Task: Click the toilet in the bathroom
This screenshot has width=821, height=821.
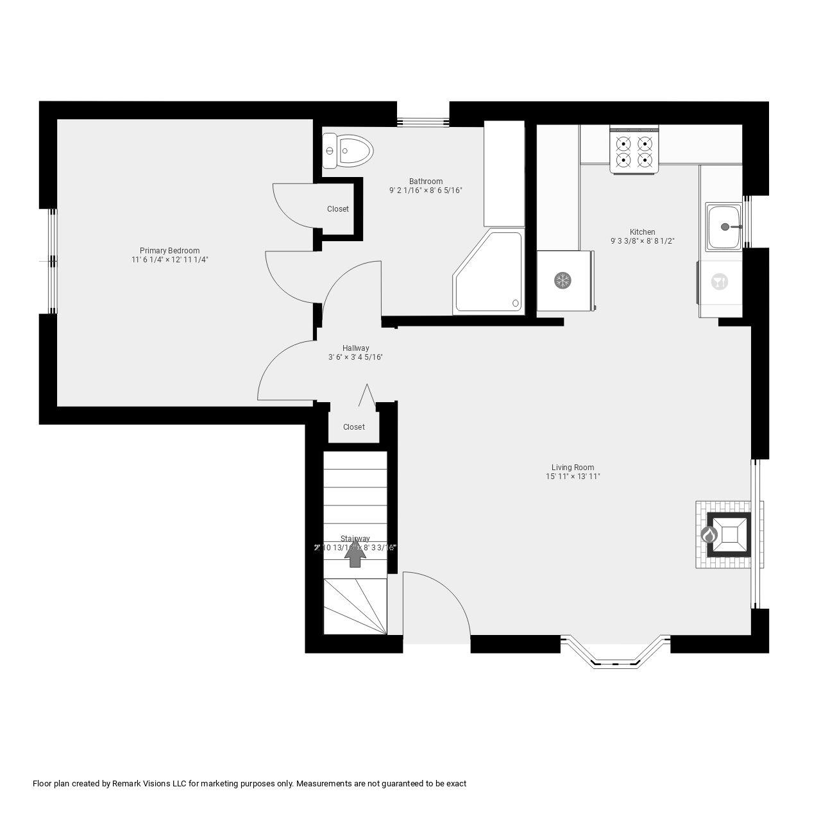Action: (348, 151)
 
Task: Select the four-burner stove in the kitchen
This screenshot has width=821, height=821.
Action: (634, 150)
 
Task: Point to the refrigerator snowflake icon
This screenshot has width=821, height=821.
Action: (563, 280)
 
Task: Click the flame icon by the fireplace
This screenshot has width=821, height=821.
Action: (708, 534)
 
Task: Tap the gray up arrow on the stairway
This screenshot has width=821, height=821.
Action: (355, 555)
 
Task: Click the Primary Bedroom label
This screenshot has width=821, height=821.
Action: (169, 251)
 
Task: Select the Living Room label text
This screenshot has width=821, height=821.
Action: (572, 468)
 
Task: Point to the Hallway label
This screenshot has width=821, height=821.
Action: (355, 348)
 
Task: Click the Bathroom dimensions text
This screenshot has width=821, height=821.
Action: (425, 190)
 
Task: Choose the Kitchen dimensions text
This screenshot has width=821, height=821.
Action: (642, 241)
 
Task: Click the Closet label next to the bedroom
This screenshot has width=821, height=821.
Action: (338, 209)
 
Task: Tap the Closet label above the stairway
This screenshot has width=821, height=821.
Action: (353, 427)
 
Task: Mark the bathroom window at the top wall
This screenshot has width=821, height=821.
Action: (423, 121)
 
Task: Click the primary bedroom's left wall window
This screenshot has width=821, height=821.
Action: (52, 261)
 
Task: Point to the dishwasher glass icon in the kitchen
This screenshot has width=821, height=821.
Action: (720, 282)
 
